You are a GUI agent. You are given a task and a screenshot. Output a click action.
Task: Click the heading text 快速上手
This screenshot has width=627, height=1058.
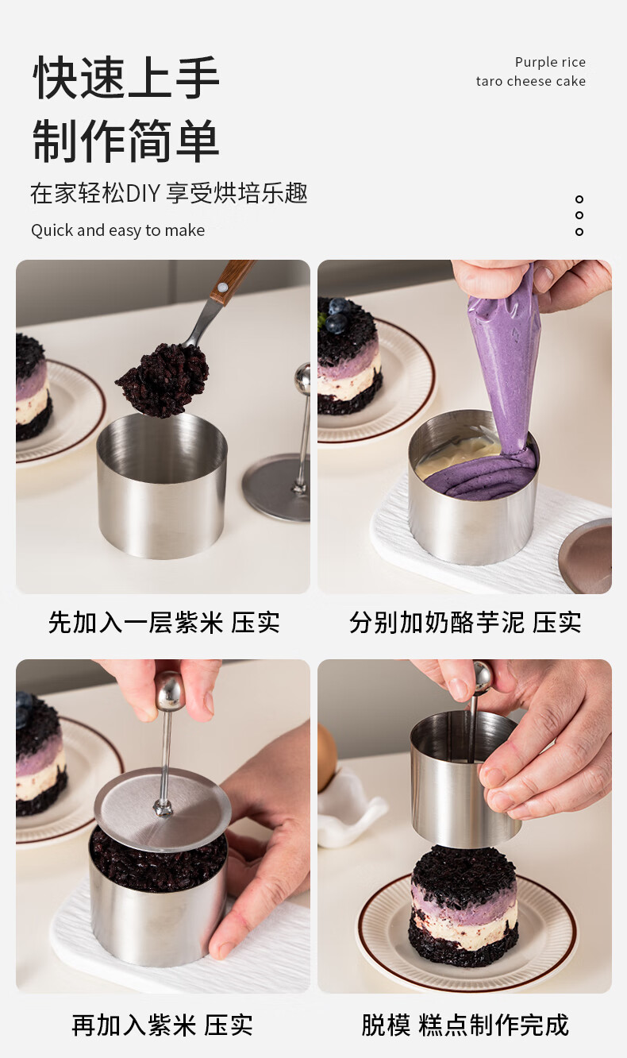[x=126, y=78]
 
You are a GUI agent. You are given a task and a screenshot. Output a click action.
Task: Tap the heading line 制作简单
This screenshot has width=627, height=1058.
[x=126, y=141]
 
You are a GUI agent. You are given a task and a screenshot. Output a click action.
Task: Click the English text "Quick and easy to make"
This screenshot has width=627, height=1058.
[x=118, y=230]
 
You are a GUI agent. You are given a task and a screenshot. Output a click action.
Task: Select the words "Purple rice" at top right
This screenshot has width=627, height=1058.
[x=550, y=62]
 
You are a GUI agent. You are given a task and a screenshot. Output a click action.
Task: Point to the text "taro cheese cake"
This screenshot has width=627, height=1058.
[x=531, y=81]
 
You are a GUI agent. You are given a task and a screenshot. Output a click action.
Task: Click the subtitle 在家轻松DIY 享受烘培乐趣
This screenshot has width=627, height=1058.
[x=169, y=193]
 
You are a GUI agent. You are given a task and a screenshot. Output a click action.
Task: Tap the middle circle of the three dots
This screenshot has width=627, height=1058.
[x=579, y=215]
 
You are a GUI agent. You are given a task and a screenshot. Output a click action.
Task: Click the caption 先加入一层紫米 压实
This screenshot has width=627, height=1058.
[x=163, y=622]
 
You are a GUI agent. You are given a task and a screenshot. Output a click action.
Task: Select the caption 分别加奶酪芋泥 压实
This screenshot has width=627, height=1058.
[x=465, y=622]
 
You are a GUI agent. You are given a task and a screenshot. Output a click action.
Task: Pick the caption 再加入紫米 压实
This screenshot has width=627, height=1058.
[x=162, y=1025]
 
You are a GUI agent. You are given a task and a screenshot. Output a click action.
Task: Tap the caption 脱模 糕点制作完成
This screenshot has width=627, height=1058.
[x=465, y=1025]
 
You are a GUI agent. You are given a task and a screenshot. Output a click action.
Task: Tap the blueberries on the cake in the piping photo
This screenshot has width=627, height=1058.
[x=337, y=314]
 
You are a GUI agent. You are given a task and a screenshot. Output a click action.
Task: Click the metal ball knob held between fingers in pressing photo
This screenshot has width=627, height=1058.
[x=171, y=693]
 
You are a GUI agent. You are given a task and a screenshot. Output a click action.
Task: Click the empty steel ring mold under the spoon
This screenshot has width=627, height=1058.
[x=162, y=485]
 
